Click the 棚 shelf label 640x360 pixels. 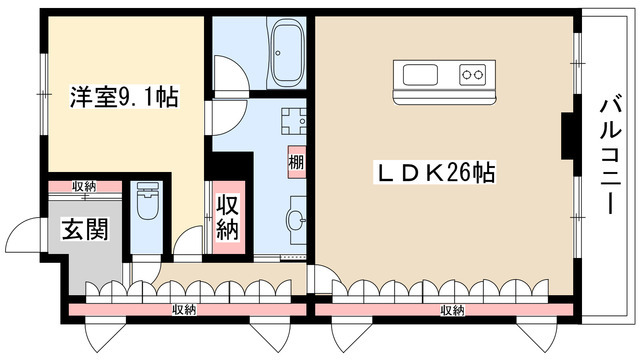coord(297,161)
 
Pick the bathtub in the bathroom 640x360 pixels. coord(288,55)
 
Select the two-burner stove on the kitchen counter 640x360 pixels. coord(471,74)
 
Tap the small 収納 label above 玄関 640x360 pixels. coord(84,186)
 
